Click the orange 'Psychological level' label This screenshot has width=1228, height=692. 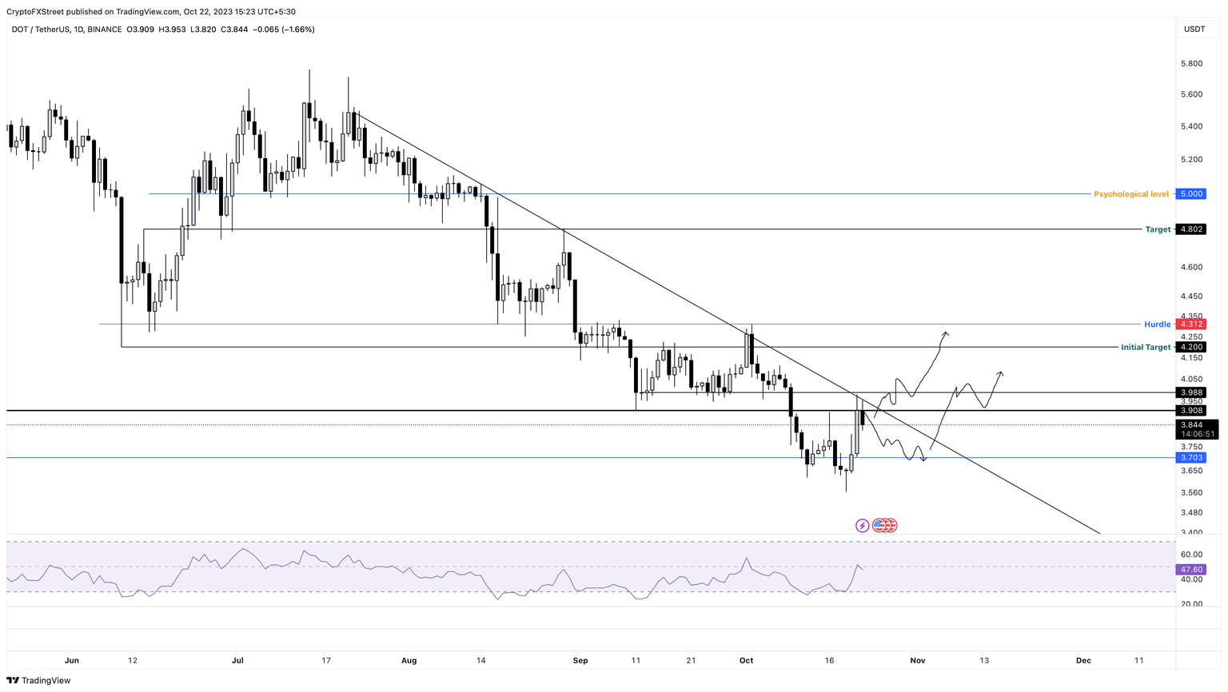click(1130, 194)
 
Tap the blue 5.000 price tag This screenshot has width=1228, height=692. click(1191, 194)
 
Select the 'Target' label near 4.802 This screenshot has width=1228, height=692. click(1158, 229)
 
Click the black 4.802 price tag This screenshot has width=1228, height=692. click(1191, 229)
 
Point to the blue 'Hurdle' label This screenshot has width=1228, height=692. click(1157, 324)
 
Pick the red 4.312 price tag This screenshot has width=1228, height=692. click(1191, 324)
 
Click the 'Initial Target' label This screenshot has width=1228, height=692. click(1145, 348)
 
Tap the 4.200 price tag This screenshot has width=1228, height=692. click(1191, 348)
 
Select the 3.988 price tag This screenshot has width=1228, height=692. click(1191, 392)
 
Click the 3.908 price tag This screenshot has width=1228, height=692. click(1191, 411)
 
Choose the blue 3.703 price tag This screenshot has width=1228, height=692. click(1191, 458)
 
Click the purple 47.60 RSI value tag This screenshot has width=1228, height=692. click(1191, 570)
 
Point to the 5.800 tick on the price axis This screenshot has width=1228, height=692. click(1191, 64)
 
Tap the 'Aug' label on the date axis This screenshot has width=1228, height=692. click(409, 661)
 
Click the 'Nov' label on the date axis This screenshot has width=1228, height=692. click(918, 661)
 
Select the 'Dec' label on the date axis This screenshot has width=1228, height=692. click(1083, 661)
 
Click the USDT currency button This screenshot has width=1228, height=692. click(1194, 30)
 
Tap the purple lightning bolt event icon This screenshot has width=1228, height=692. click(862, 526)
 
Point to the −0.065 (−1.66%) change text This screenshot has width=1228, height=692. click(285, 30)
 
